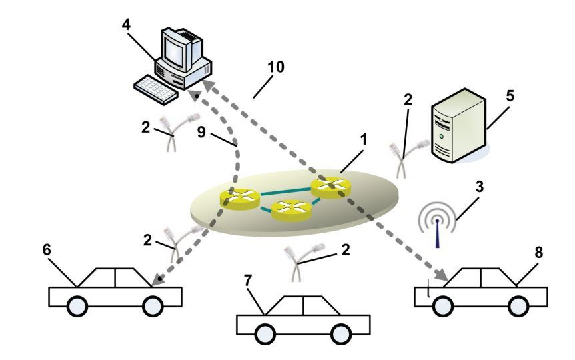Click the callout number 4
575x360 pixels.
[x=126, y=25]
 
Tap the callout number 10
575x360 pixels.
[x=275, y=67]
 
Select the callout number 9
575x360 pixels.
[x=201, y=133]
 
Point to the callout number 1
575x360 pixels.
[x=364, y=139]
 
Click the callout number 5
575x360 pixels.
[x=510, y=96]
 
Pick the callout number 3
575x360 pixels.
[x=480, y=187]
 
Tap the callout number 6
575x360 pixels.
[x=47, y=249]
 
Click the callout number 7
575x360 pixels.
[x=248, y=281]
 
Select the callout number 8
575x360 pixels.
[x=538, y=253]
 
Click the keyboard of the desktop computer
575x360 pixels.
[x=155, y=90]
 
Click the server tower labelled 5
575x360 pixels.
[x=458, y=125]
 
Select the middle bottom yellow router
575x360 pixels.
[x=292, y=211]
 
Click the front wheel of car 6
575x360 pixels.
[x=77, y=306]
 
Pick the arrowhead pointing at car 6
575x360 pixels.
[x=157, y=281]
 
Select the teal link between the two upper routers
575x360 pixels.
[x=285, y=191]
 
